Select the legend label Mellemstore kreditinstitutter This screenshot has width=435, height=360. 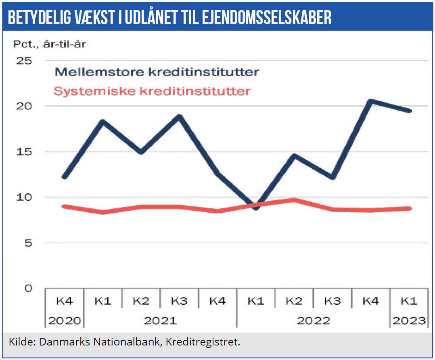157,72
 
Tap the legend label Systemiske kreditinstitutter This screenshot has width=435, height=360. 152,91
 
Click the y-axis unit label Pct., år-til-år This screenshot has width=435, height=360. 50,44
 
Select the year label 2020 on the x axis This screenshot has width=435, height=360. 65,320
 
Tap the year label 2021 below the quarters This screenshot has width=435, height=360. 160,320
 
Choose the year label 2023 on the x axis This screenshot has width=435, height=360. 409,320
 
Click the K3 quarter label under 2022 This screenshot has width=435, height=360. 333,301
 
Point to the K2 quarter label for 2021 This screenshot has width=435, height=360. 141,301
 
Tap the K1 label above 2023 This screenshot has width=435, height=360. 409,301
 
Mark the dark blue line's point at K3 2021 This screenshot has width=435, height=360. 179,117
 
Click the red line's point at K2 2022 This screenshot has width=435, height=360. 294,200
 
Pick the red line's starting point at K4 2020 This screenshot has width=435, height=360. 65,206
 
